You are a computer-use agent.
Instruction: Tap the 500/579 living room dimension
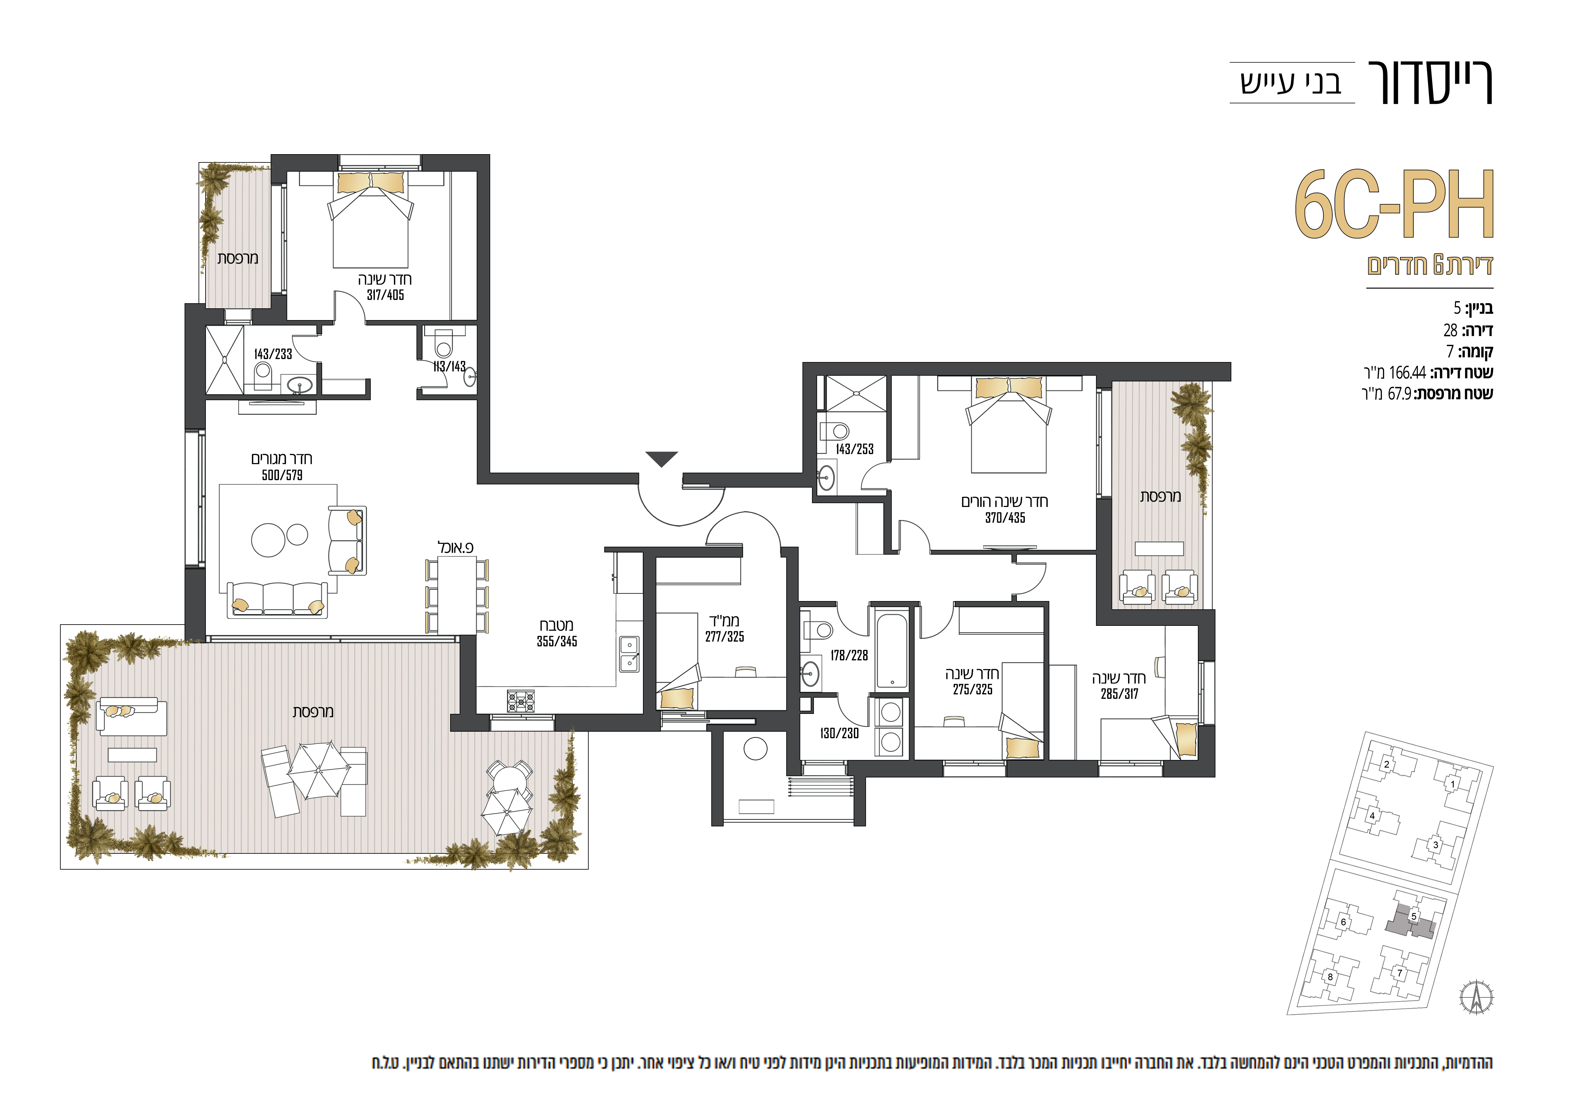pos(282,475)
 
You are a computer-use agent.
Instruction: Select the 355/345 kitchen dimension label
pos(557,642)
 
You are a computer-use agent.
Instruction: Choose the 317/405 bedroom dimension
pos(385,295)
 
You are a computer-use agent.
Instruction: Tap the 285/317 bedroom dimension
pos(1119,694)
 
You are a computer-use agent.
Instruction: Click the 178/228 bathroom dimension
pos(849,656)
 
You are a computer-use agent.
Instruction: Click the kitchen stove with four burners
pos(521,701)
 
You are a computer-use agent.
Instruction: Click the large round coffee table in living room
pos(268,540)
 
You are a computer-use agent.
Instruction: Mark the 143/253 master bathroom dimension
pos(855,449)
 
